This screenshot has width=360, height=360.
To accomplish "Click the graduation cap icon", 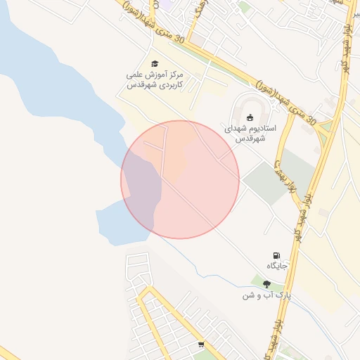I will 155,64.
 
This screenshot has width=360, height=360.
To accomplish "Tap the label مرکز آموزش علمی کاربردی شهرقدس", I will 155,79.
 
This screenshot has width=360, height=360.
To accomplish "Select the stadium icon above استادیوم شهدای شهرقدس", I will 250,117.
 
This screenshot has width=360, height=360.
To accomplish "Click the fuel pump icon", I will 276,256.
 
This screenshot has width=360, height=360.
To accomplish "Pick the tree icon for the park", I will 266,284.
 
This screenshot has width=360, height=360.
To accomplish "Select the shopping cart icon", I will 202,345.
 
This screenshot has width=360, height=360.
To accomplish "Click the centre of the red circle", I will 180,179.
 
